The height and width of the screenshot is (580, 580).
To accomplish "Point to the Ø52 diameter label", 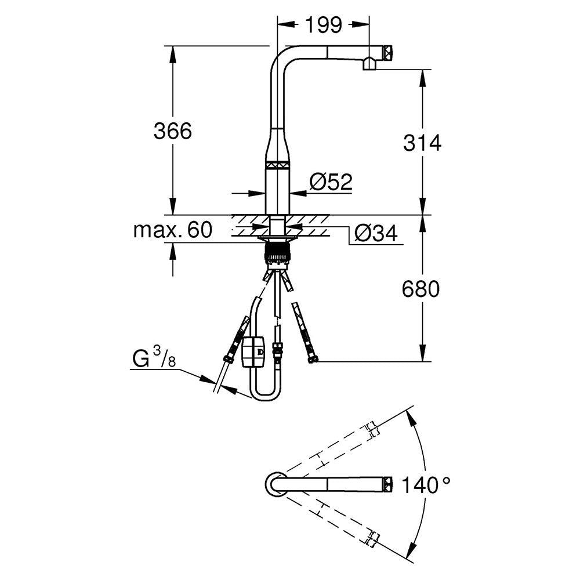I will pos(331,182).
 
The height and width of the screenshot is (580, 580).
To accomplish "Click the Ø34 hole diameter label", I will pos(376,233).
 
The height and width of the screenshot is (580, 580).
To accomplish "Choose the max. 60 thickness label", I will pos(172,230).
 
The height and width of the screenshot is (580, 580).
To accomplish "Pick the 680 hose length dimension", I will pos(421,288).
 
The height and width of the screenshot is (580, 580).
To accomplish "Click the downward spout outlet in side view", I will pos(369,66).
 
